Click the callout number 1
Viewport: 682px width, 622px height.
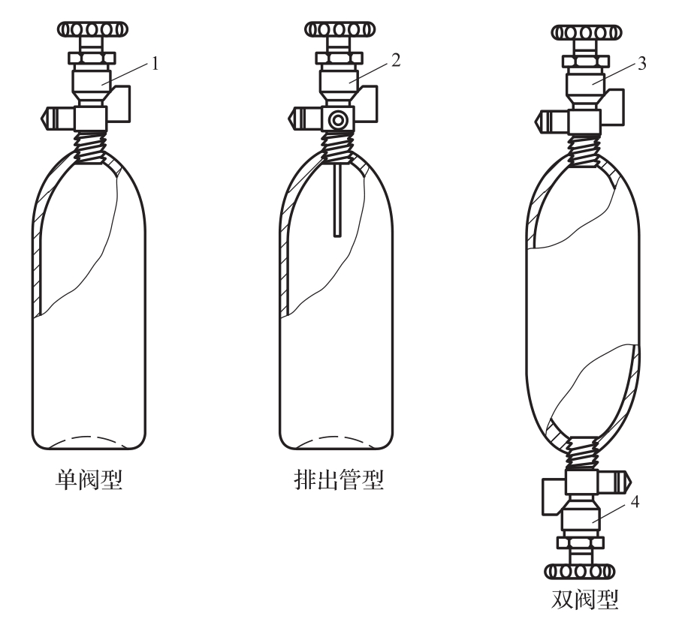(x=155, y=64)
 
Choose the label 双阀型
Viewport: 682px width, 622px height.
(x=584, y=603)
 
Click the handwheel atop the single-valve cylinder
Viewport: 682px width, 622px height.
(x=87, y=30)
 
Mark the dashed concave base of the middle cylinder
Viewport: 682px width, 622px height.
(x=335, y=438)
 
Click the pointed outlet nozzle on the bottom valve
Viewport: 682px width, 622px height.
(x=621, y=479)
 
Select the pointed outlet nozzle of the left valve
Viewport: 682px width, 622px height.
(x=49, y=117)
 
